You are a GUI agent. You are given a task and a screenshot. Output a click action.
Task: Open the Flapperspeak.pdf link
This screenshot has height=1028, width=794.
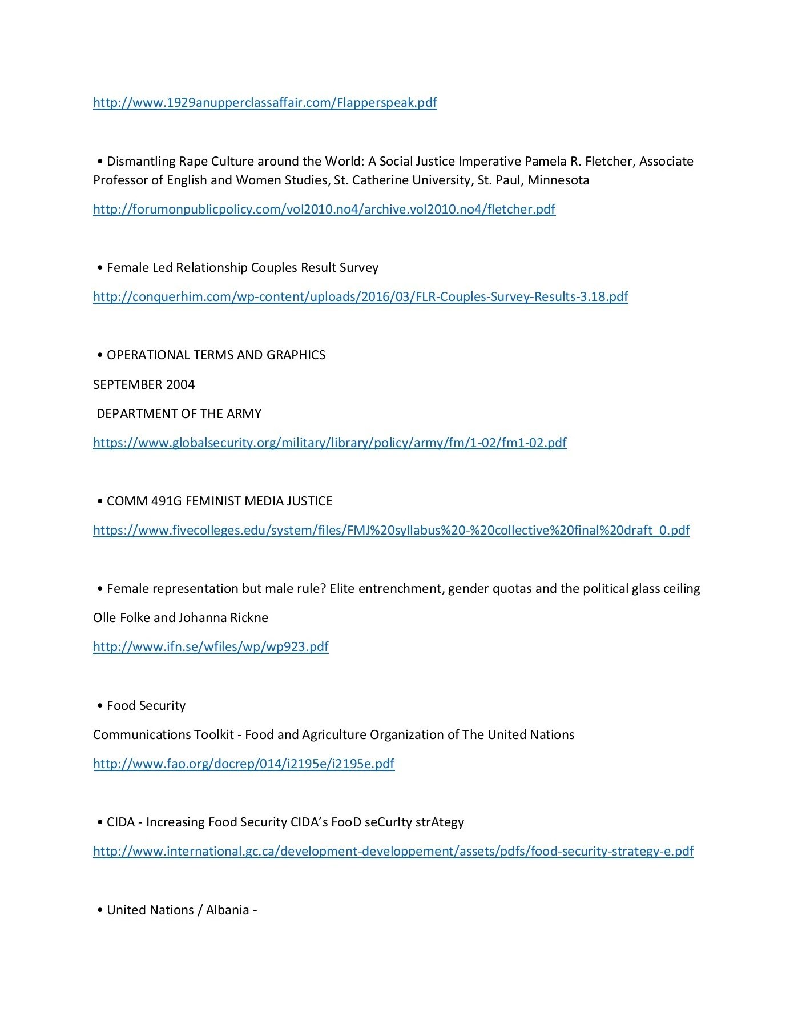[265, 103]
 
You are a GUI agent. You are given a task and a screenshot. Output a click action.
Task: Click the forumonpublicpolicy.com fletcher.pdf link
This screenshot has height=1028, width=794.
[324, 209]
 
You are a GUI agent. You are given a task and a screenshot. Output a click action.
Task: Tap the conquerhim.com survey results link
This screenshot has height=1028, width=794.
[360, 296]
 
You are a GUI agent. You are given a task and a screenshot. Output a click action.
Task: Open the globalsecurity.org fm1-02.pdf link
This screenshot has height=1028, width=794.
[329, 443]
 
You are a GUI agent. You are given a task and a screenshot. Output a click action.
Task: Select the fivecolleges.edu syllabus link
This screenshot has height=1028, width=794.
[391, 530]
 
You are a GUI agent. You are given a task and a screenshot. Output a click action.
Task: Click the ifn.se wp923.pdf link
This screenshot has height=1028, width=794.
[211, 646]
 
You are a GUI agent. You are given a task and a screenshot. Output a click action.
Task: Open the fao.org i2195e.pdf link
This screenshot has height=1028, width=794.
[243, 764]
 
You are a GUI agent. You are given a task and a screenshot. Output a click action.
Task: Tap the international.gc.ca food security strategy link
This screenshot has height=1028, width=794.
[393, 851]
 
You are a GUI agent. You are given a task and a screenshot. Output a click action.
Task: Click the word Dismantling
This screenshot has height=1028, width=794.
[141, 162]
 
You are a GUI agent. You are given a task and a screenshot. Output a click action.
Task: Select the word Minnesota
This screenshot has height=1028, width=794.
[558, 180]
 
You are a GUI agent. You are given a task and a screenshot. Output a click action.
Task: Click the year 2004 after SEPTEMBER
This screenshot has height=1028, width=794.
[180, 384]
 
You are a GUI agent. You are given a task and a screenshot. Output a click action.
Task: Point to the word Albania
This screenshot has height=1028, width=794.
[227, 910]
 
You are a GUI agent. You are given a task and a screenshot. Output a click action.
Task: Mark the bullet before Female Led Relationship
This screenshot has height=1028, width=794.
[100, 268]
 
